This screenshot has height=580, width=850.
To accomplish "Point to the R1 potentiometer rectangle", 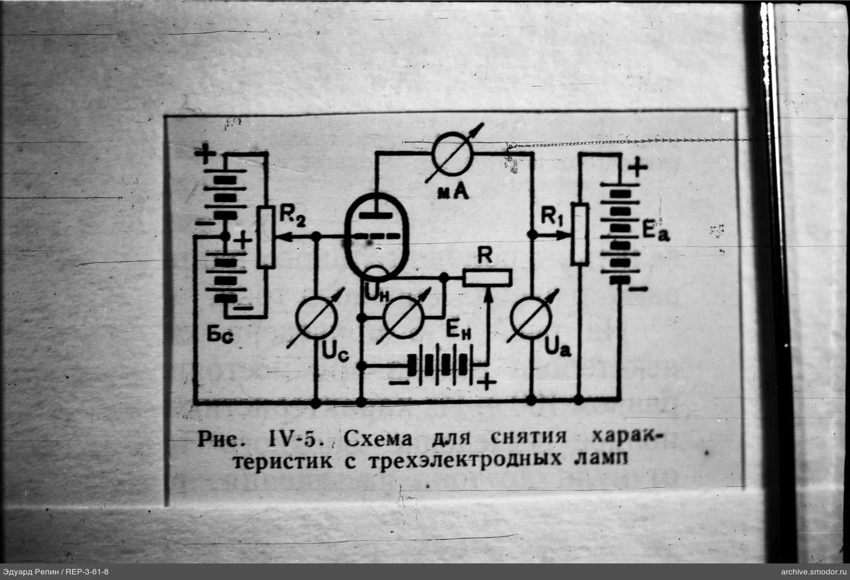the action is point(579,234).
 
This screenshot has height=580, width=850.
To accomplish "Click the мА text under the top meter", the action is point(453,193).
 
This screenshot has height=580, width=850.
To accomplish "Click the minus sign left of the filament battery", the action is point(398,382).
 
